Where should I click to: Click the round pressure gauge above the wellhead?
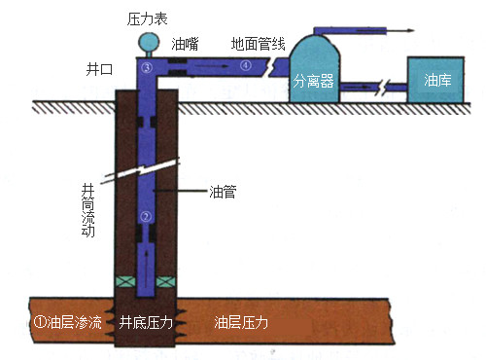[149, 42]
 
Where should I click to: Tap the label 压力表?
[149, 17]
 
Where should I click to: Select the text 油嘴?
[186, 44]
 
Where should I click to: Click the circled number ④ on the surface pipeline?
[245, 66]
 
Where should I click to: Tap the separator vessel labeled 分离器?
[314, 68]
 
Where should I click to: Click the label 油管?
[223, 192]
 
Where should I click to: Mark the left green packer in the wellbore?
[126, 282]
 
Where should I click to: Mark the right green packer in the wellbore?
[167, 282]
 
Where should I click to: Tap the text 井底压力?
[146, 322]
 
